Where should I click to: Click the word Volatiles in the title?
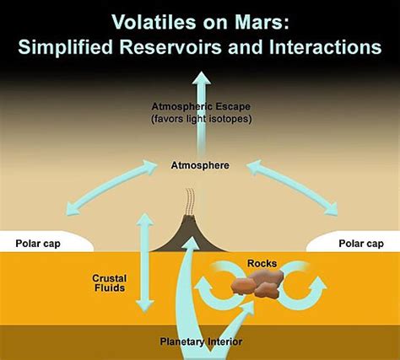pyautogui.click(x=154, y=22)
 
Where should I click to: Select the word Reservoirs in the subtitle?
pyautogui.click(x=171, y=47)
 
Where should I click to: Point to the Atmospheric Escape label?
pyautogui.click(x=201, y=107)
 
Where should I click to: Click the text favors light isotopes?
pyautogui.click(x=202, y=119)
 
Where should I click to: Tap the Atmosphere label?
pyautogui.click(x=200, y=165)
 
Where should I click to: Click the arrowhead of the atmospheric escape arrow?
pyautogui.click(x=202, y=78)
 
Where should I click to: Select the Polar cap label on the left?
pyautogui.click(x=38, y=244)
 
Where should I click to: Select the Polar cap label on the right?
pyautogui.click(x=361, y=244)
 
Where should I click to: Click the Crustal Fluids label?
pyautogui.click(x=110, y=283)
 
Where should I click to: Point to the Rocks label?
pyautogui.click(x=262, y=264)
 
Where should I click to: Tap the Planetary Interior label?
pyautogui.click(x=201, y=341)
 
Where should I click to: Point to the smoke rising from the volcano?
pyautogui.click(x=189, y=202)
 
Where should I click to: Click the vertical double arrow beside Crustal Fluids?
pyautogui.click(x=145, y=263)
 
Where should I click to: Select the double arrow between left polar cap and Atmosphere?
pyautogui.click(x=111, y=188)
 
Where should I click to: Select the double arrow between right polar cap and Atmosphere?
pyautogui.click(x=292, y=188)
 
